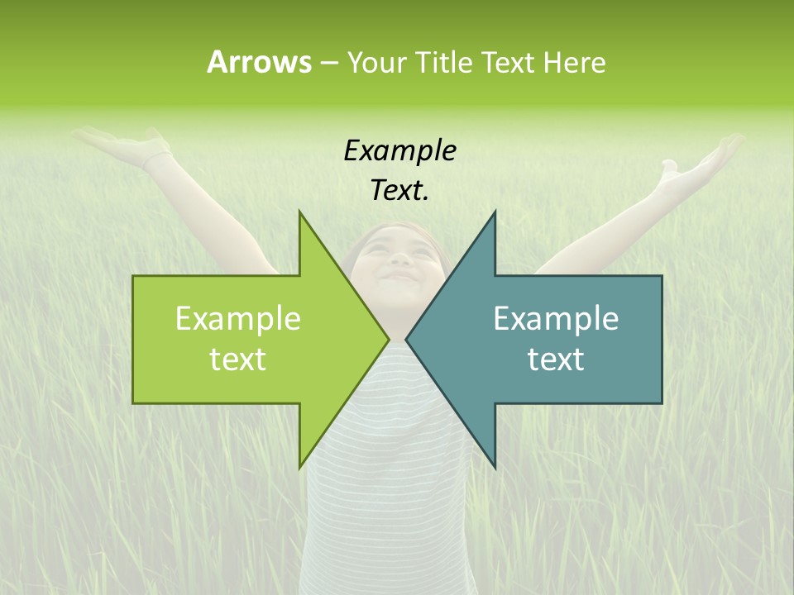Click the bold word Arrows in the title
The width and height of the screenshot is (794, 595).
coord(259,62)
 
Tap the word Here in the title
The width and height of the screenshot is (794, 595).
coord(574,62)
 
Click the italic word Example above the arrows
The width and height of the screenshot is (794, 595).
coord(399,150)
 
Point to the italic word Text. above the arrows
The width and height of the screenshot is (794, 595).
coord(399,190)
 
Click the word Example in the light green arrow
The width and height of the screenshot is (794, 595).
coord(238,319)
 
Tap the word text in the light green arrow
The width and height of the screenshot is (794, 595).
coord(238,359)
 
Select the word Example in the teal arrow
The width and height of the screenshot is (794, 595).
coord(556,319)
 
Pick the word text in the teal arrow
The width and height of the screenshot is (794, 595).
coord(556,359)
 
